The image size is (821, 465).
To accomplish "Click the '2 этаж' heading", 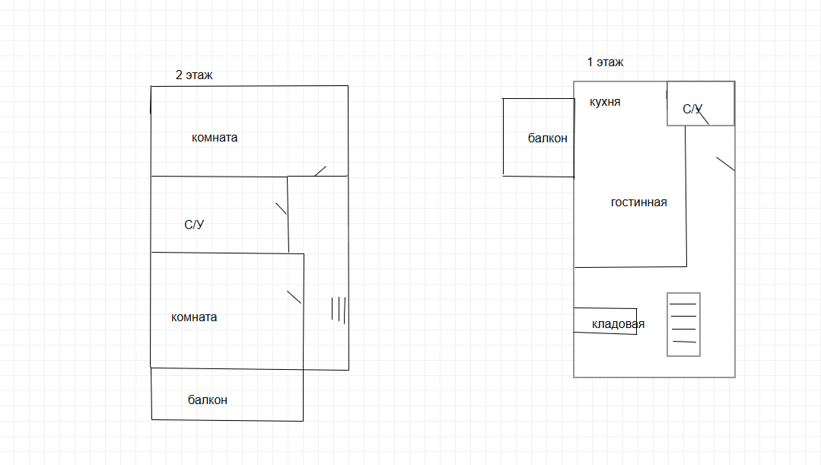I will click(x=194, y=75).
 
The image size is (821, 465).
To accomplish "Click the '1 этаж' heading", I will click(x=605, y=62).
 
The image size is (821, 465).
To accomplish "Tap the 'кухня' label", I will click(x=605, y=102).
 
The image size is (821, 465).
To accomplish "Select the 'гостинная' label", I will click(x=638, y=202).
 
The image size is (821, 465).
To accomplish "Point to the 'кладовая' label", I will click(x=618, y=324).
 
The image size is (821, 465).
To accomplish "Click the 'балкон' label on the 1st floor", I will click(x=547, y=139).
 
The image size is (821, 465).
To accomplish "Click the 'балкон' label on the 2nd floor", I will click(x=207, y=400).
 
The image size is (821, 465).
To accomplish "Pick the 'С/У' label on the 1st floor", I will click(x=692, y=110).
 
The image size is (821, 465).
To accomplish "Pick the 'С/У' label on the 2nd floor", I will click(x=194, y=225).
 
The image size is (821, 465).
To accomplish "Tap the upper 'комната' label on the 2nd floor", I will click(x=215, y=138).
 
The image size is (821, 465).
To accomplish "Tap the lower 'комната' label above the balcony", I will click(x=194, y=317).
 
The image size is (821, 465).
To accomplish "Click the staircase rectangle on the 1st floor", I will click(x=683, y=324).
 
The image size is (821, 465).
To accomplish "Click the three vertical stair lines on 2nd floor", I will click(x=339, y=308).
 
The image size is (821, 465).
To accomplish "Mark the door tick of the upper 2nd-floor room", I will click(x=320, y=170).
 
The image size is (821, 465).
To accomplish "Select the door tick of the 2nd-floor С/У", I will click(x=281, y=208).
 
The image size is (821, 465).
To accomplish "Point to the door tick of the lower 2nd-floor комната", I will click(x=294, y=298).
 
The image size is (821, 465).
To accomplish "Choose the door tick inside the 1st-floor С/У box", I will click(x=703, y=116).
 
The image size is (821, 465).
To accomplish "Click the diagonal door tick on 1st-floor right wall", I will click(x=725, y=164).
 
